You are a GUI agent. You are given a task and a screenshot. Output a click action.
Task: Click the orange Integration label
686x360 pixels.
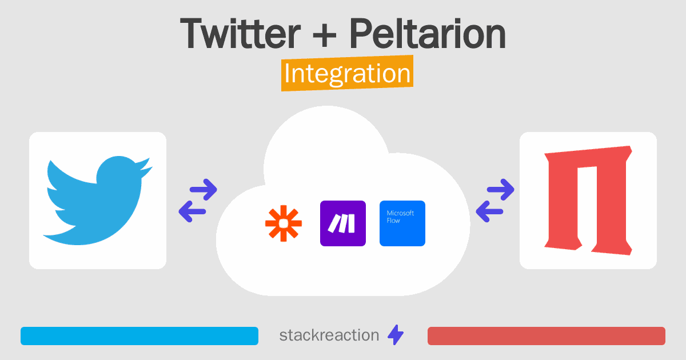tap(347, 75)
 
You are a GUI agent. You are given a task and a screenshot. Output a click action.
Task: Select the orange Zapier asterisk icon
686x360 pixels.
tap(284, 223)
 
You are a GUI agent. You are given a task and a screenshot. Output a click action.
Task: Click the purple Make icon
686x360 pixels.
tap(342, 223)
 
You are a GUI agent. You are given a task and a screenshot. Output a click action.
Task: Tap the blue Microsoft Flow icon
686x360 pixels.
tap(402, 223)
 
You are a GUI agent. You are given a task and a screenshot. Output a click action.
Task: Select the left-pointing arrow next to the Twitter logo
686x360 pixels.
tap(193, 212)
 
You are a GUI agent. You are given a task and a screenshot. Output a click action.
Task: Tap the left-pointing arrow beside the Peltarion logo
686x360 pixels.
tap(490, 212)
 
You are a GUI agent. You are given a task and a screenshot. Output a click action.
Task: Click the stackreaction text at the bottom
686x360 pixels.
tap(329, 335)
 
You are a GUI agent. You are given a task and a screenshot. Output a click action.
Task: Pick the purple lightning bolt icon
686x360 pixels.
tap(396, 335)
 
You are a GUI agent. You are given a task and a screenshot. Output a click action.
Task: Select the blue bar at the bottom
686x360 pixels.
tap(139, 336)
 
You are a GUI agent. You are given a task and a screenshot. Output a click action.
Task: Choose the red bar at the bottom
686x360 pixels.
tap(546, 336)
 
